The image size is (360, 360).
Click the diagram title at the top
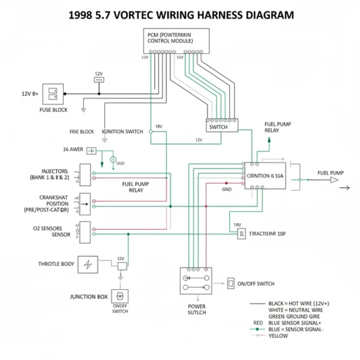pos(181,15)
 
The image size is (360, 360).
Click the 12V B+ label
pos(29,94)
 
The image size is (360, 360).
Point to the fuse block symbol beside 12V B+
pos(53,94)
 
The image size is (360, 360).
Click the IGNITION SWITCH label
pos(122,132)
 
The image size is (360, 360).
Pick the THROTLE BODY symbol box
pos(87,265)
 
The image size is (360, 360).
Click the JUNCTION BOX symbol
pos(120,296)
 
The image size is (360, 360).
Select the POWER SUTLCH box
pos(196,281)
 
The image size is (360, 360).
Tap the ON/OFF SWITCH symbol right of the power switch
pos(231,284)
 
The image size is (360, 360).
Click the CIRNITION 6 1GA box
pos(265,176)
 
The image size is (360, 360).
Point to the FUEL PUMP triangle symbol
pos(334,179)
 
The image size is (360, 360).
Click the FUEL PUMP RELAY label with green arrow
pos(271,127)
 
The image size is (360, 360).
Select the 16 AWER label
pos(73,150)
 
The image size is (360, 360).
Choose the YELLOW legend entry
pos(279,336)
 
